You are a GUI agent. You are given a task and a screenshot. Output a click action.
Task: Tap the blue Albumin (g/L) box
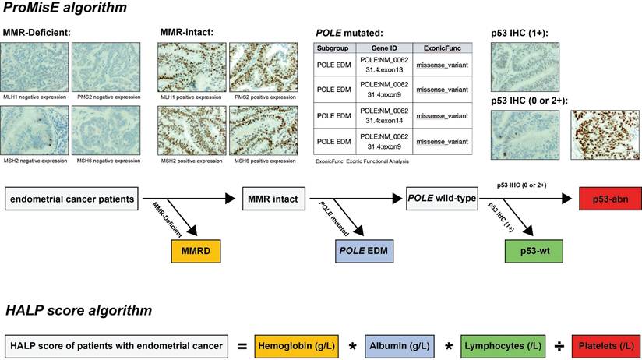click(409, 344)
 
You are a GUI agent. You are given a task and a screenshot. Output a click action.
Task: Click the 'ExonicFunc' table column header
click(442, 48)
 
